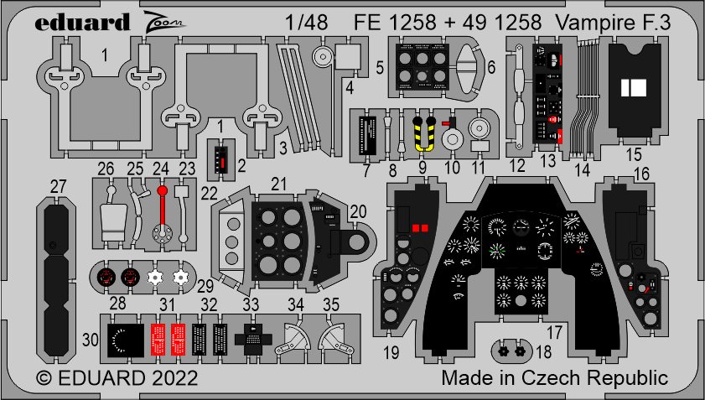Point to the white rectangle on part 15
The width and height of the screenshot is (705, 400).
[x=635, y=86]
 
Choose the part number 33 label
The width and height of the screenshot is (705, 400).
[x=251, y=304]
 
